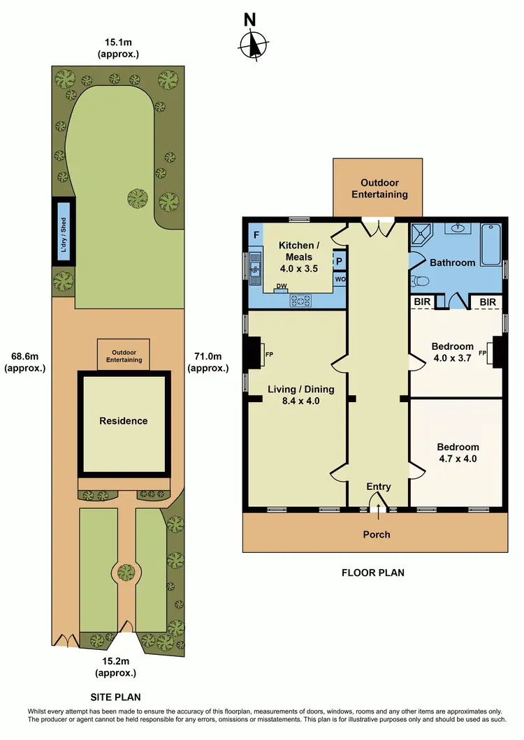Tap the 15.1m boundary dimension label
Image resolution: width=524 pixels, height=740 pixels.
119,49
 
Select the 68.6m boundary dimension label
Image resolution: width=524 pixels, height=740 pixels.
25,362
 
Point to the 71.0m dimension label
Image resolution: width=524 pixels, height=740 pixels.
209,362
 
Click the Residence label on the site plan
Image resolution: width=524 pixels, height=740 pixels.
124,421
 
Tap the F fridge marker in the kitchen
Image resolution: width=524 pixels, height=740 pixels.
256,234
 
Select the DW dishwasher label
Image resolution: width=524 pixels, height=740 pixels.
281,286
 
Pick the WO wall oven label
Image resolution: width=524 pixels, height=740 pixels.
340,279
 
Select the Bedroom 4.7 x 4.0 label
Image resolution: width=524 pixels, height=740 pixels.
458,452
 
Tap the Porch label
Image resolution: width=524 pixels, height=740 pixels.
376,535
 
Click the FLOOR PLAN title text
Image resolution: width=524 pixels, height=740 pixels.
372,573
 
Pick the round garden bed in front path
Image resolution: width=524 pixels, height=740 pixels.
126,572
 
